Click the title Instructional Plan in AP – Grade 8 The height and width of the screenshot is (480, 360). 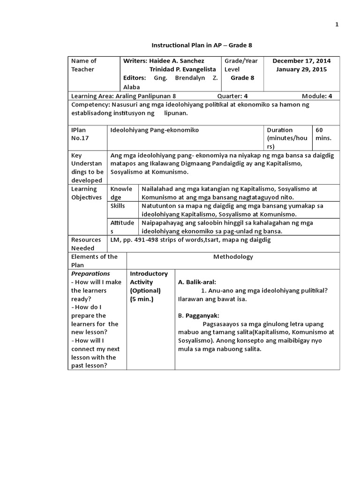(x=202, y=45)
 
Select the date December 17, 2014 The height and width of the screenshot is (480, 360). (x=301, y=61)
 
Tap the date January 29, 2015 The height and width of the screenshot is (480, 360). (x=301, y=69)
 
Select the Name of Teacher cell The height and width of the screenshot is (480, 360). (x=83, y=65)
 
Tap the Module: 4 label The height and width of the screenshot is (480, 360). (x=317, y=96)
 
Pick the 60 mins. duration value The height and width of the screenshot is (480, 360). (x=324, y=134)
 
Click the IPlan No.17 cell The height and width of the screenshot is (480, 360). (x=80, y=134)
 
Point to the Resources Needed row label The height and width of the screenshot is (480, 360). (x=86, y=244)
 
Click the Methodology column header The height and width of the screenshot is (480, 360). (x=233, y=256)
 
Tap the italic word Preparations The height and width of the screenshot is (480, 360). (x=90, y=273)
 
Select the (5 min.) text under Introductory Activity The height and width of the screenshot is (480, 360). (x=142, y=299)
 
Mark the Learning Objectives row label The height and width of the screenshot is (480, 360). (x=86, y=193)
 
